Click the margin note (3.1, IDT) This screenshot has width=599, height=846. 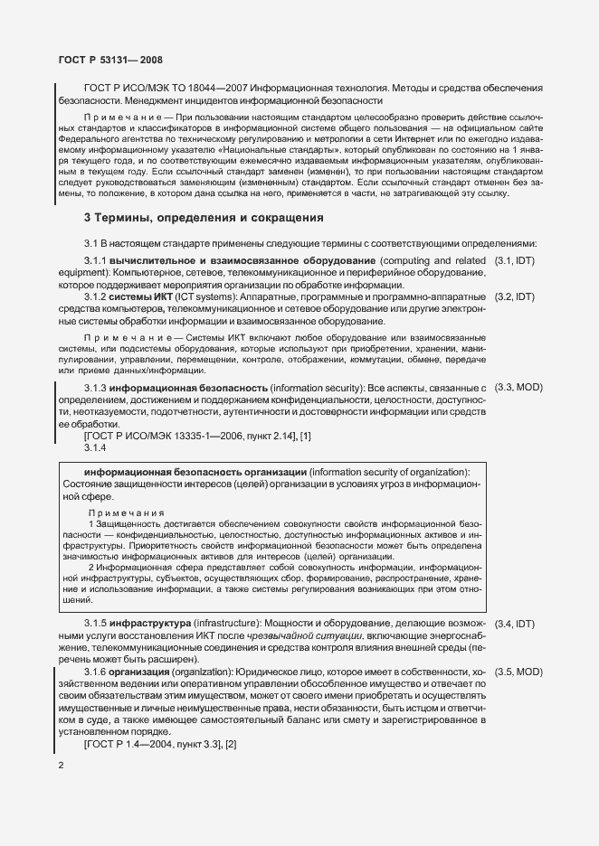coord(516,260)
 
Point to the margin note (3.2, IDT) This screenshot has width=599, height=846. coord(516,296)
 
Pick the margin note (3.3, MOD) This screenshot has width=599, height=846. coord(518,388)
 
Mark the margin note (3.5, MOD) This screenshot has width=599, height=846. coord(518,672)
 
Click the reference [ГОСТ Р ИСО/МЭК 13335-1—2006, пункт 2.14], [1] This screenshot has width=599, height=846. coord(197,436)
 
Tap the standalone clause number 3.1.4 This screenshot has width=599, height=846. coord(95,447)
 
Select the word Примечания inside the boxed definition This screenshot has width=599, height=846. coord(126,512)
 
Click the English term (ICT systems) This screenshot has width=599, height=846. coord(202,296)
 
